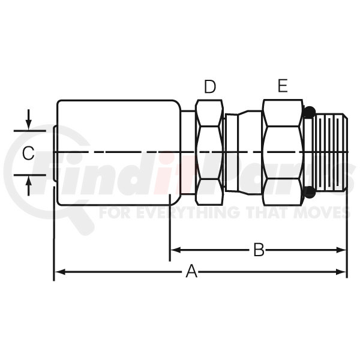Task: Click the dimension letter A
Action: point(191,271)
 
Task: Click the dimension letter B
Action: point(259,250)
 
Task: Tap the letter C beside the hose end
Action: point(28,153)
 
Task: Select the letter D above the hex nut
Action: point(210,86)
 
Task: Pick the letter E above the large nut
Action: point(283,86)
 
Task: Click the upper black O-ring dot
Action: point(310,112)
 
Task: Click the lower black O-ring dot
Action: point(310,192)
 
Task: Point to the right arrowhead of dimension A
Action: point(341,272)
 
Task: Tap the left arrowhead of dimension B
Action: point(176,250)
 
